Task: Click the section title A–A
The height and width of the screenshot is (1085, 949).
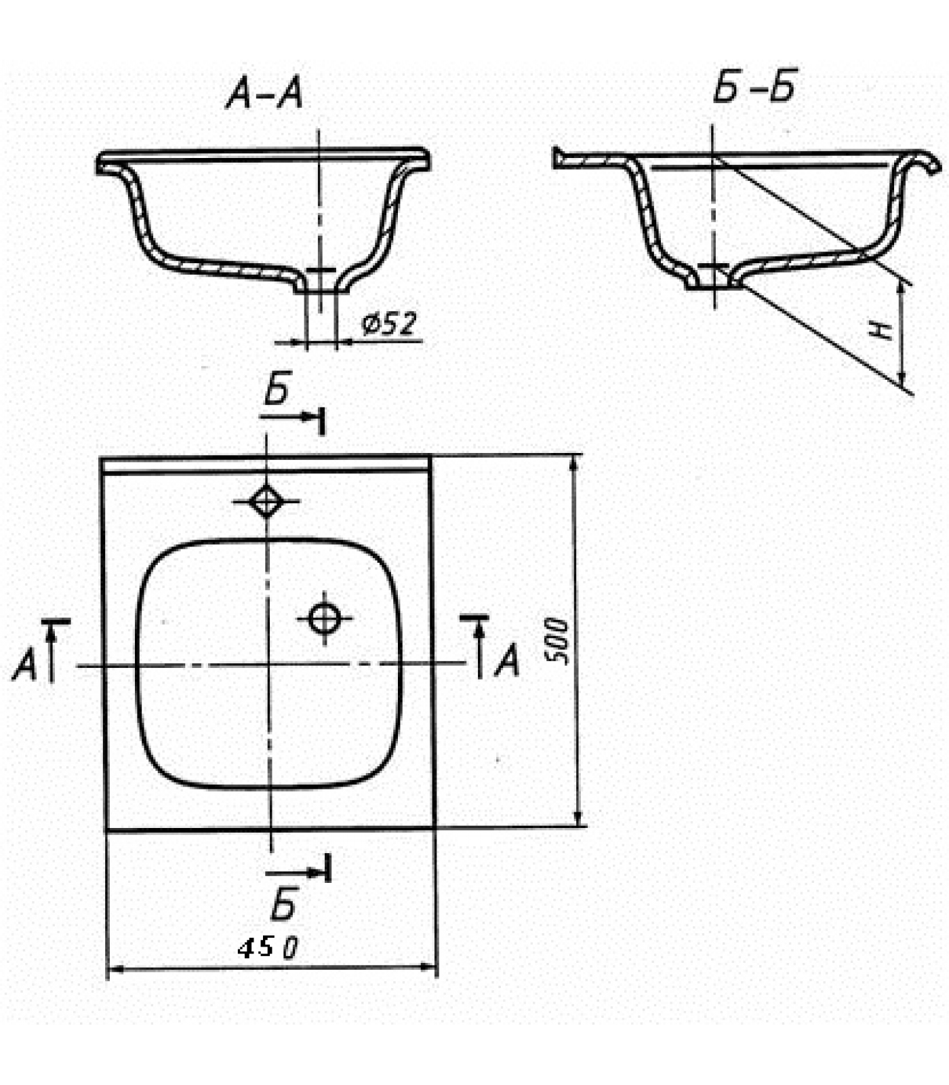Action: click(x=265, y=93)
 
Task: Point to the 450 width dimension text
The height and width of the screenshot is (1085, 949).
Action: click(x=268, y=947)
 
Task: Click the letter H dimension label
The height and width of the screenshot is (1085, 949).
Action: click(x=882, y=330)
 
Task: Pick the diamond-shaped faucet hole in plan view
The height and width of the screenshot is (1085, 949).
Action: click(x=266, y=502)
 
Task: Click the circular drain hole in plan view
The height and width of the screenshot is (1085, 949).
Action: click(x=324, y=618)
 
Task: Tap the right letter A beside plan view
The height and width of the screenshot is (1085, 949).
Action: click(x=506, y=660)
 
